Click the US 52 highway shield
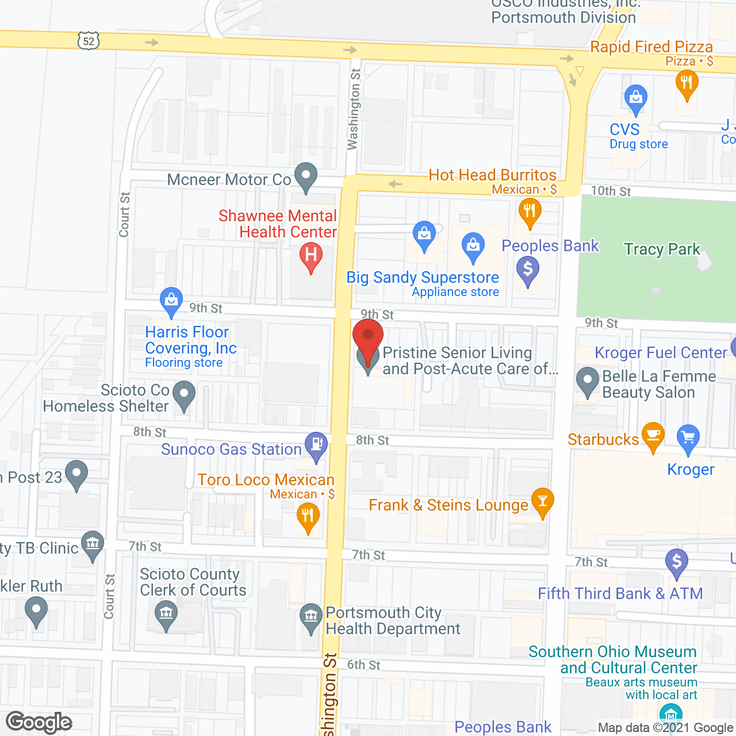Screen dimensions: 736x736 [x=88, y=41]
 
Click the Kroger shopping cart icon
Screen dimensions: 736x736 [x=688, y=438]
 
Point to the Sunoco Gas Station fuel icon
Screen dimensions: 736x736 [x=316, y=444]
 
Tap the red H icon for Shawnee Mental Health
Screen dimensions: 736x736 [x=311, y=254]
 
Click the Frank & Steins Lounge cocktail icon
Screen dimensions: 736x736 [x=542, y=500]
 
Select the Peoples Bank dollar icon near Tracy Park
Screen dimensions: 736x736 [x=528, y=269]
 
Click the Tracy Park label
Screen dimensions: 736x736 [x=662, y=249]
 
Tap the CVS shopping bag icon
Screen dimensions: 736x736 [x=635, y=97]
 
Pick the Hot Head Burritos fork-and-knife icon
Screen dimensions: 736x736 [x=530, y=210]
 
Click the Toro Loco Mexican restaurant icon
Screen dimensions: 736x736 [x=308, y=515]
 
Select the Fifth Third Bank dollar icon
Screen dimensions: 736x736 [x=677, y=561]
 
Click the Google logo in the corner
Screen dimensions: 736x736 [x=39, y=723]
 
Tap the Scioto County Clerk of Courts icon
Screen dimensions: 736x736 [x=166, y=613]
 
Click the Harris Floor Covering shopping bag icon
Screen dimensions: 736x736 [x=171, y=300]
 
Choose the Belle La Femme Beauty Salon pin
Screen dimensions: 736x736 [x=588, y=380]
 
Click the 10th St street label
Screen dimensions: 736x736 [x=611, y=191]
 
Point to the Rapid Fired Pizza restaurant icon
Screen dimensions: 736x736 [x=687, y=82]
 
